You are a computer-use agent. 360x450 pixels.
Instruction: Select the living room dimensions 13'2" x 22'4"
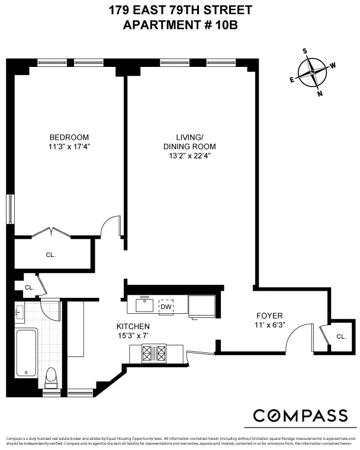click(x=189, y=156)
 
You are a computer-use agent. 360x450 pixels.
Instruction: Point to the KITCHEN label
click(x=133, y=327)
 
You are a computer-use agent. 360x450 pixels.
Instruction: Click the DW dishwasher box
click(x=166, y=307)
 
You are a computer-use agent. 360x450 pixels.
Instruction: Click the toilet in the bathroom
click(x=52, y=377)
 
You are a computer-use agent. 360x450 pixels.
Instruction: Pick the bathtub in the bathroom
click(x=27, y=352)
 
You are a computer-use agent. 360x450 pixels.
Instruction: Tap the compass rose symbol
click(x=313, y=74)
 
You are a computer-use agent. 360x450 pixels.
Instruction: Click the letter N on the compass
click(x=320, y=93)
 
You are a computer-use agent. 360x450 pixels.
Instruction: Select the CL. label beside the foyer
click(x=341, y=336)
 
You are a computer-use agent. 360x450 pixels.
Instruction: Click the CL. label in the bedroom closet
click(x=51, y=255)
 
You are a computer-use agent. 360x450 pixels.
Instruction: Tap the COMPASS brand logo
click(x=300, y=415)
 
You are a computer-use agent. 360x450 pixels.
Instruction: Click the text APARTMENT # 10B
click(x=180, y=24)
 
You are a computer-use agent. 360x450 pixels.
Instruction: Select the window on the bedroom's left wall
click(x=9, y=210)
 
